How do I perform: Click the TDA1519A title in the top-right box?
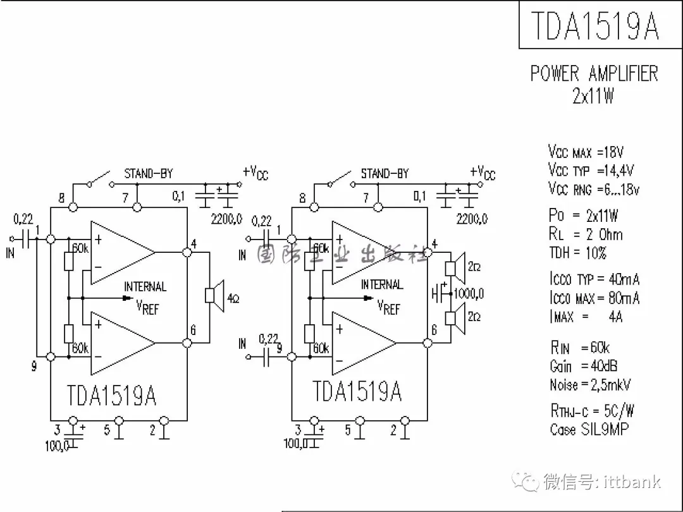click(594, 25)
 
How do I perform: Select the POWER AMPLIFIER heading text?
click(594, 73)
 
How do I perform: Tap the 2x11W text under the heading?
click(593, 95)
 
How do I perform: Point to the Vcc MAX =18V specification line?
click(586, 152)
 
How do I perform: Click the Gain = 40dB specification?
click(583, 366)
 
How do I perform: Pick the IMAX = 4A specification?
click(586, 316)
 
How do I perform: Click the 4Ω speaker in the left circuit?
click(214, 296)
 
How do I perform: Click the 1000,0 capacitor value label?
click(468, 293)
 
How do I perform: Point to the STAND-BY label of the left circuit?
click(148, 173)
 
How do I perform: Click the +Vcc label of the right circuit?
click(483, 172)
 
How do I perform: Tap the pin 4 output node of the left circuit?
click(187, 252)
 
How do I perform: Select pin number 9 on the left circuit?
click(34, 366)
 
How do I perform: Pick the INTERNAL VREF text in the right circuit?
click(383, 296)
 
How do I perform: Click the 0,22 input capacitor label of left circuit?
click(23, 219)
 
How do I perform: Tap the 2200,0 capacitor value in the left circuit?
click(226, 219)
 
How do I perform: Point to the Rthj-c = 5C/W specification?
click(591, 410)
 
